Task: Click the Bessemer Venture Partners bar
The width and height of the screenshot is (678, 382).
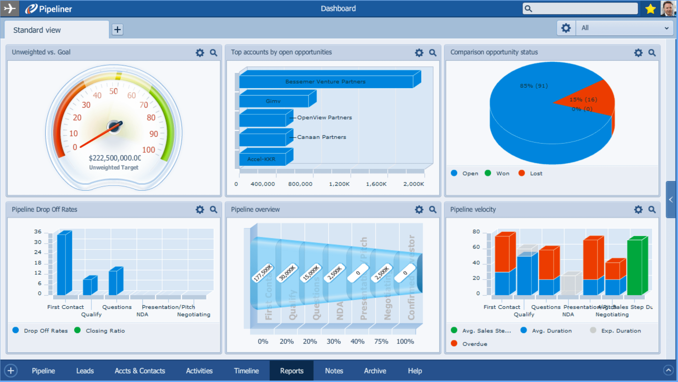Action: click(x=325, y=82)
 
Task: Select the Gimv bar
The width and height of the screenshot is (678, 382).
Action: click(x=273, y=101)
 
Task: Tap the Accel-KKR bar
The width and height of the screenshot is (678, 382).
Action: click(x=262, y=159)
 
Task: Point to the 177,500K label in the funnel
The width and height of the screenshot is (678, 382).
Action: click(x=263, y=273)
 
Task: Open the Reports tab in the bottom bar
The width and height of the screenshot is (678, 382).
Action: click(x=291, y=371)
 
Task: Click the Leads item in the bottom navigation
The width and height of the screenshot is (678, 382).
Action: click(x=85, y=371)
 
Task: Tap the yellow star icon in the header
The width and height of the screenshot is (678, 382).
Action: click(x=650, y=9)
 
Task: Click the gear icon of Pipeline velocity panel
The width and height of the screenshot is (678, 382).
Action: click(x=638, y=210)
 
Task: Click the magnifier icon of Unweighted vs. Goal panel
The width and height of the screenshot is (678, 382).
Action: click(x=213, y=53)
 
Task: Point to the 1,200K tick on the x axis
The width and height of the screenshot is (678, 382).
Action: click(x=339, y=184)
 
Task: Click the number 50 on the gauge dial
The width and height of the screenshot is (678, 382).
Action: click(x=113, y=91)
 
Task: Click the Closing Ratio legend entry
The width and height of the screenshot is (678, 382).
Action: click(x=105, y=331)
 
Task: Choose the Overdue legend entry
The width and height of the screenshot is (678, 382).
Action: click(x=474, y=344)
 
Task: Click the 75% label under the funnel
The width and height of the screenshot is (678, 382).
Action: click(x=381, y=341)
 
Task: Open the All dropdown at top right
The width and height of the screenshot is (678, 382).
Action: click(x=624, y=28)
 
